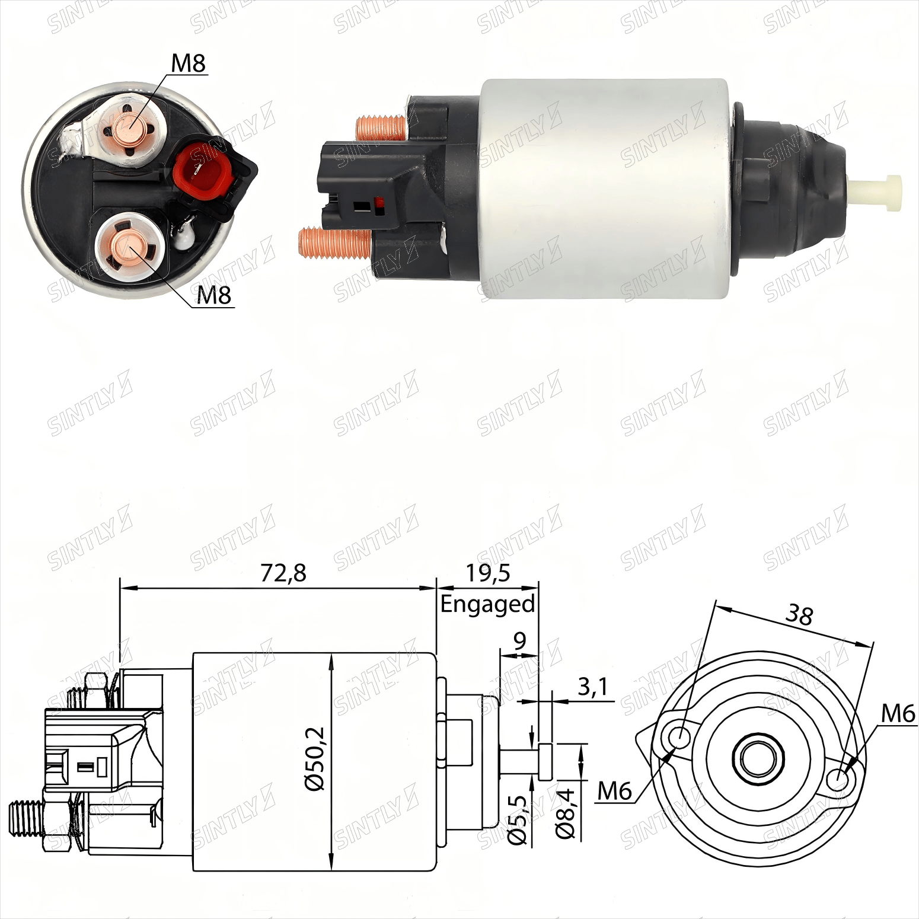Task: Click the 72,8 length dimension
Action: coord(283,573)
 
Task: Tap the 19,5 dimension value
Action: coord(487,573)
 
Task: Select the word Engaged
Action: coord(487,605)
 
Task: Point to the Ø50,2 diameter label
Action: coord(315,759)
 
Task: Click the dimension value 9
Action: coord(519,641)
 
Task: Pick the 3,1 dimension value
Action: coord(593,687)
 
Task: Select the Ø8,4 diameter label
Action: coord(565,813)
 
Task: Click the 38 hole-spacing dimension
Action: coord(799,615)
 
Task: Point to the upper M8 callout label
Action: coord(189,63)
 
